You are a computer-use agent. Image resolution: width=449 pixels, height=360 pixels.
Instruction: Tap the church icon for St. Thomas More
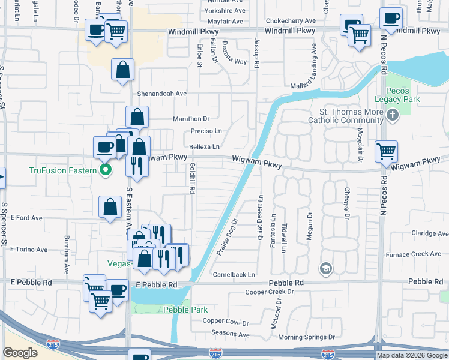click(x=393, y=115)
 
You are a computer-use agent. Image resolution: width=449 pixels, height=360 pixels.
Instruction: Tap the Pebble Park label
click(x=185, y=310)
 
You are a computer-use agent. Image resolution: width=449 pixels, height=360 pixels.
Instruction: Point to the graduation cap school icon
click(x=326, y=267)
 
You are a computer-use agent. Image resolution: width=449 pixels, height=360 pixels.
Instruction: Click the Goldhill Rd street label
click(x=193, y=178)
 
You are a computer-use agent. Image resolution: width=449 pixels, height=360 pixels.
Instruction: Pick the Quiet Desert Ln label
click(x=261, y=217)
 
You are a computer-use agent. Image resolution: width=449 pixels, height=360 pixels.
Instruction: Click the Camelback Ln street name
click(x=234, y=274)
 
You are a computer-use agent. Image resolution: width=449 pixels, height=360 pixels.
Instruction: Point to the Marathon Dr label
click(x=191, y=119)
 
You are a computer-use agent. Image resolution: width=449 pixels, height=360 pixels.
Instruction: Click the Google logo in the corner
click(x=20, y=353)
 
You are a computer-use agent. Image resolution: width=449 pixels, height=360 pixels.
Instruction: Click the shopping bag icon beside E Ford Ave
click(x=111, y=207)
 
